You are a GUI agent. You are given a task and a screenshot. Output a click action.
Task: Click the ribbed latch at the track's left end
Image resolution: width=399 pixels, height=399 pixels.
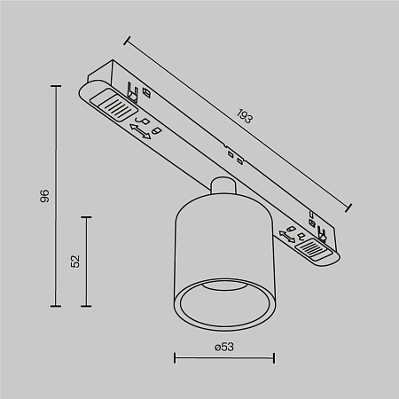(x=113, y=107)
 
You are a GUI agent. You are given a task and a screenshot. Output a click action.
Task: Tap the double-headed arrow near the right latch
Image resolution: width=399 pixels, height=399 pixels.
(x=288, y=237)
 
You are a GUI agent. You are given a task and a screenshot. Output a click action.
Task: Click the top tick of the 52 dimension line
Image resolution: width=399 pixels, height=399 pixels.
(x=86, y=215)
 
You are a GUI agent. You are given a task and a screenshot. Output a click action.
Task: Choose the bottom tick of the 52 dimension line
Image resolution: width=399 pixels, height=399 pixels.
(x=86, y=305)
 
